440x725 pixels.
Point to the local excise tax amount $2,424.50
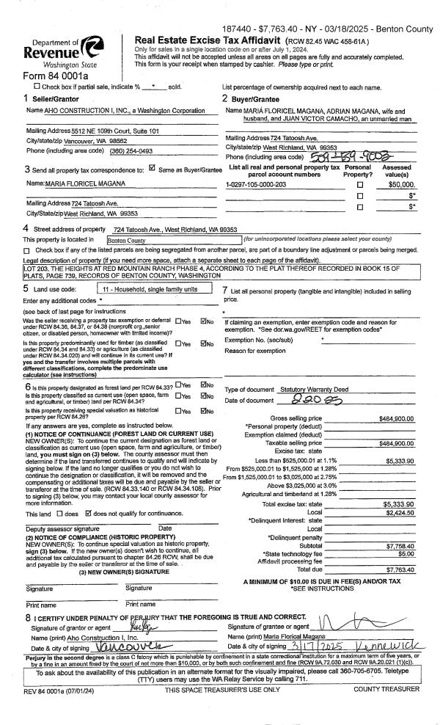400,513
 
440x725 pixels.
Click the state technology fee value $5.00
405,543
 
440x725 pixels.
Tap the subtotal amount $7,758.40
400,536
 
